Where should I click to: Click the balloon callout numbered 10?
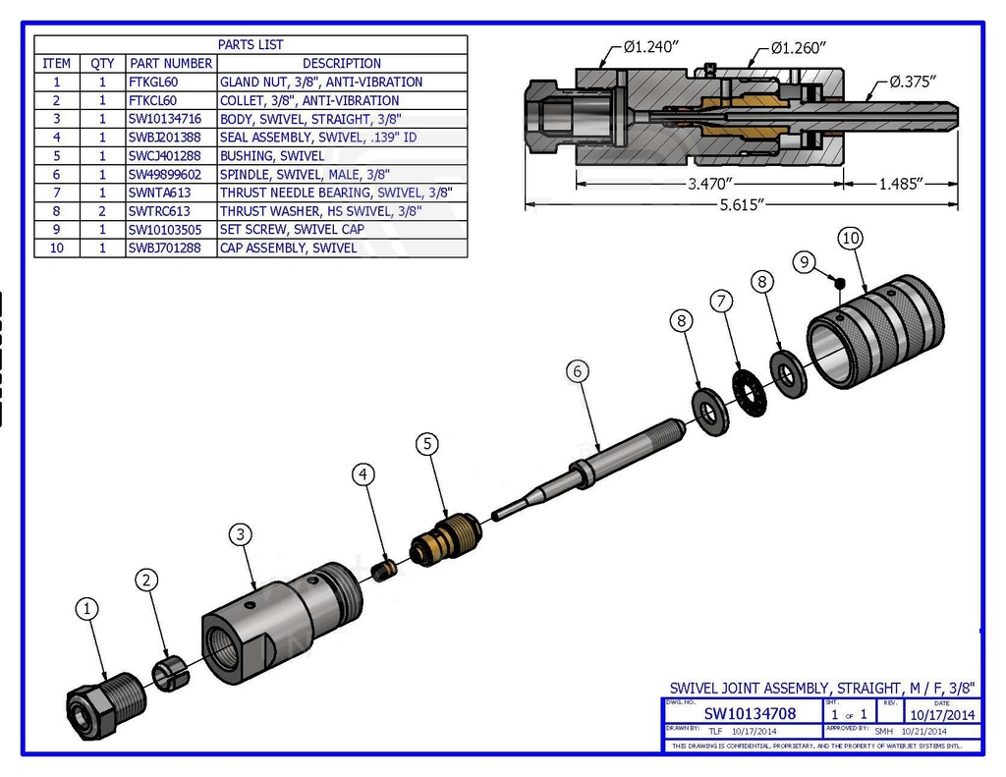851,238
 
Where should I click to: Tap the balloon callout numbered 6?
580,371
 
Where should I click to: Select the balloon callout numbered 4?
364,474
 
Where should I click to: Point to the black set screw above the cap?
840,283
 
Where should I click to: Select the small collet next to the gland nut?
170,672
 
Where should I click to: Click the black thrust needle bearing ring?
753,391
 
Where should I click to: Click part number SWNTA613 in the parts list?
159,193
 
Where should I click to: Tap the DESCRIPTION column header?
342,63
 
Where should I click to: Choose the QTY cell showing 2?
102,211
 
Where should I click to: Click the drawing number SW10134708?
750,714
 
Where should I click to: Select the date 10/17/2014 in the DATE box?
942,715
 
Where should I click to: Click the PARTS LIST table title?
251,44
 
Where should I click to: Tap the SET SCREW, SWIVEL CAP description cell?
293,230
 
